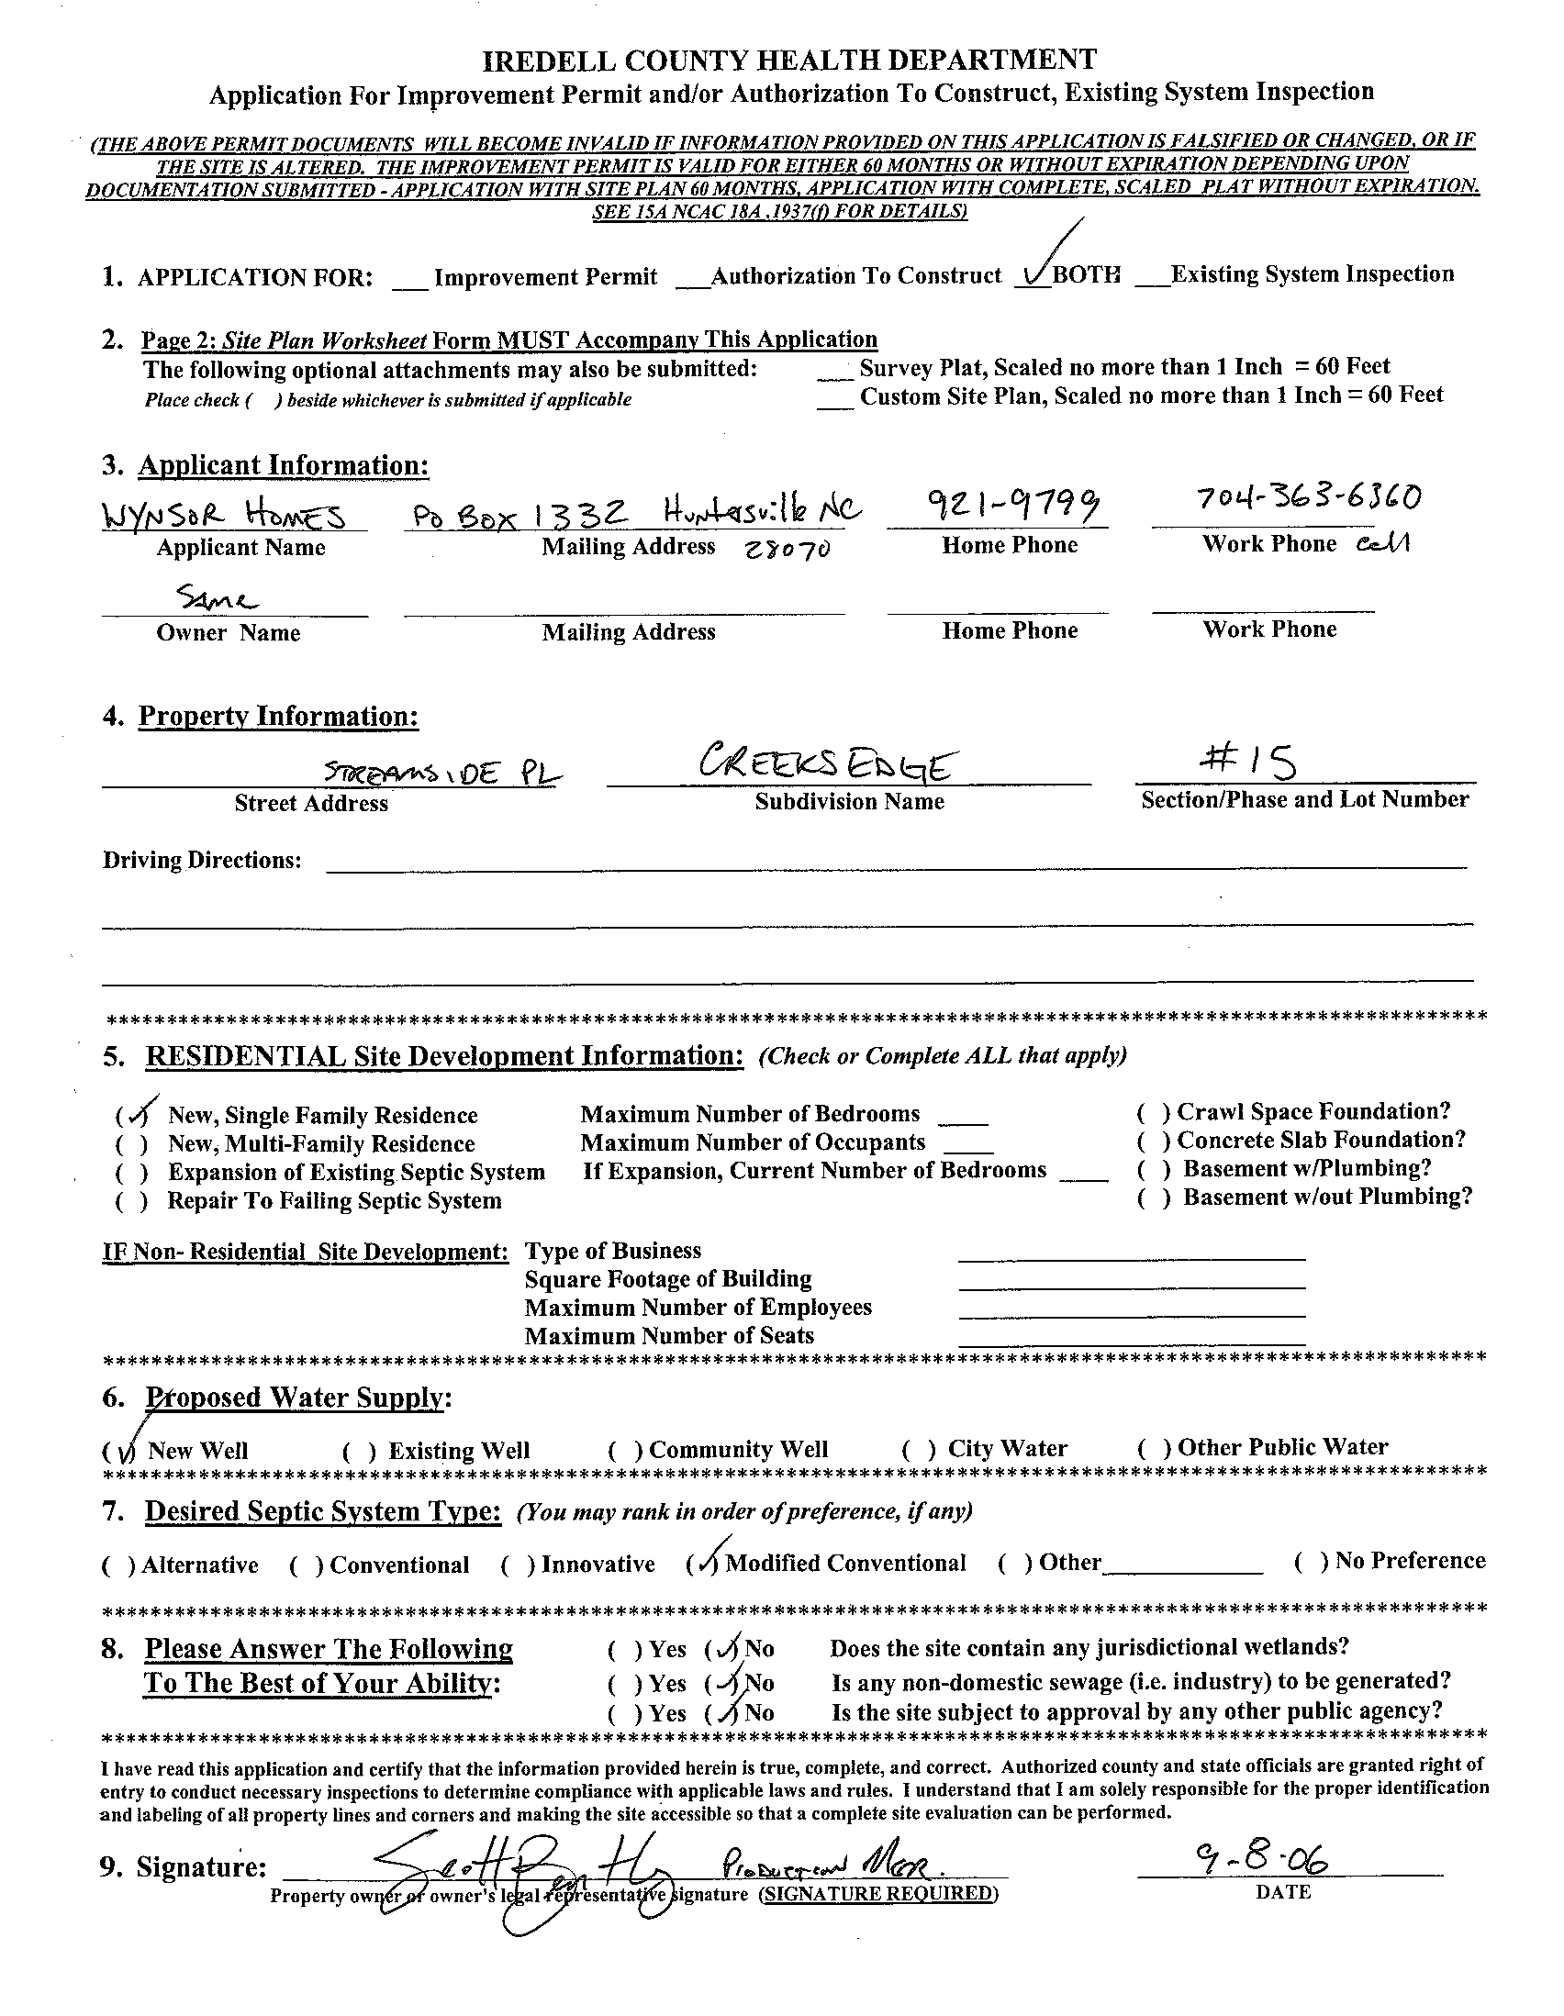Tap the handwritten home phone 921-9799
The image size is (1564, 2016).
click(x=998, y=505)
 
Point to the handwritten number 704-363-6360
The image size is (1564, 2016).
click(x=1308, y=498)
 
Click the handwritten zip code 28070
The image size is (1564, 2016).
click(x=788, y=549)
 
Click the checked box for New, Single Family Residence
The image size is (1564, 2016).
click(x=136, y=1115)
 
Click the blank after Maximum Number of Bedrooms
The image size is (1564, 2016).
click(x=962, y=1117)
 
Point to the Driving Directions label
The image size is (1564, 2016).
click(x=201, y=861)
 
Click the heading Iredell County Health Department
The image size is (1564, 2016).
click(x=790, y=61)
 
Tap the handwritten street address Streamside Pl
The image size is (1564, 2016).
click(x=442, y=773)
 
